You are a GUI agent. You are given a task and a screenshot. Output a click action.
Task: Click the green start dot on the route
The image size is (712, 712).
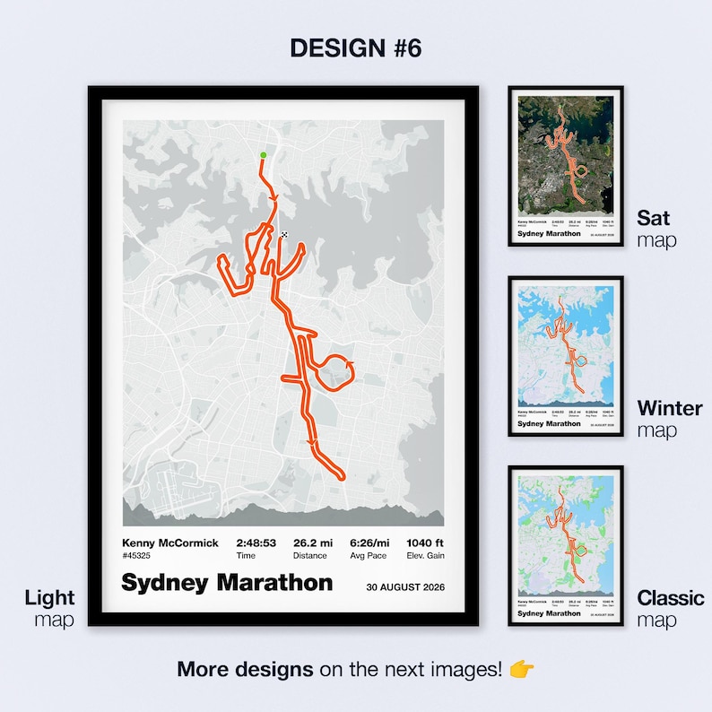[263, 156]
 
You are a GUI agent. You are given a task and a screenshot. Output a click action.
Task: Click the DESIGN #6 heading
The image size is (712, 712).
[355, 48]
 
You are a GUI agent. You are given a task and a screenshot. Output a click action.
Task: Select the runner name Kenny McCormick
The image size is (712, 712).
[170, 543]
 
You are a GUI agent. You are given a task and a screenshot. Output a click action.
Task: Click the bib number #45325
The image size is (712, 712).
[137, 555]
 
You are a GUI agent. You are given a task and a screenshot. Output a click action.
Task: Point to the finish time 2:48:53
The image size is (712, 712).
[256, 543]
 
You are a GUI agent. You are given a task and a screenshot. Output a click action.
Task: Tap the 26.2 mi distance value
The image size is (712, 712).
[314, 543]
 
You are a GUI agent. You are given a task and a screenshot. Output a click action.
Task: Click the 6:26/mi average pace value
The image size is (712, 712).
[369, 543]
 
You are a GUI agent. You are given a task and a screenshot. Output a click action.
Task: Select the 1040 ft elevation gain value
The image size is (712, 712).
[425, 543]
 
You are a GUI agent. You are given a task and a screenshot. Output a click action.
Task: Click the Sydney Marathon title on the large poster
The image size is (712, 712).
[227, 583]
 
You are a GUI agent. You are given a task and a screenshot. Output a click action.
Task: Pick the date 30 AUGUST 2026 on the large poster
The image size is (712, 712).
[405, 588]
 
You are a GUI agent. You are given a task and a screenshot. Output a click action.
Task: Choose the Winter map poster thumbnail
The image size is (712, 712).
[566, 356]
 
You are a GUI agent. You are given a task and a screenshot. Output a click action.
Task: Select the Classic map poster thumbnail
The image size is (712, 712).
[566, 546]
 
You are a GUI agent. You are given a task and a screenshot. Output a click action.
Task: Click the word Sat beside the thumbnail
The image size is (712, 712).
[654, 217]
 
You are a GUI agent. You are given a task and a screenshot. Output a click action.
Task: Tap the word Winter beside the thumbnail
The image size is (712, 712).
[669, 408]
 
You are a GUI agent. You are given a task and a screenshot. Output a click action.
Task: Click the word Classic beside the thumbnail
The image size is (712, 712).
[671, 597]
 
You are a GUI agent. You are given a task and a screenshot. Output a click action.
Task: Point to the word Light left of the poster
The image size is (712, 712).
[50, 597]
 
